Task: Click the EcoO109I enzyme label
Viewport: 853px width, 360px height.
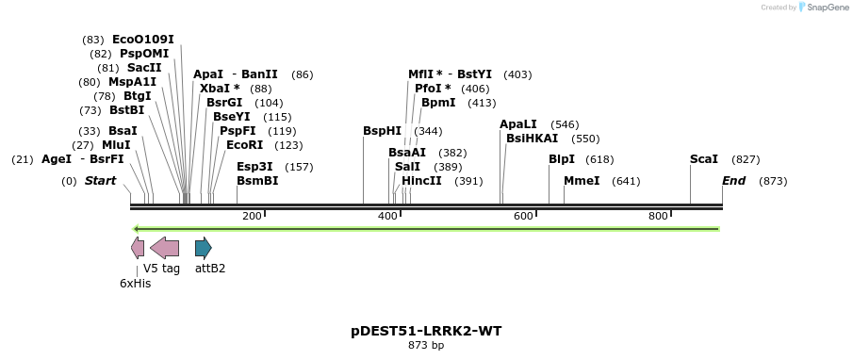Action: coord(142,40)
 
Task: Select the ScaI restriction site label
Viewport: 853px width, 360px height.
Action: coord(703,159)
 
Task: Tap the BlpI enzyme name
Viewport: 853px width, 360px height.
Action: coord(561,159)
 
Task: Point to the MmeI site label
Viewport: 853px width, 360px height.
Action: coord(581,181)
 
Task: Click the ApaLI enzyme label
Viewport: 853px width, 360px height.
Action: coord(518,124)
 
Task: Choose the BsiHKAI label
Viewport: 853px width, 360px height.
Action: coord(532,139)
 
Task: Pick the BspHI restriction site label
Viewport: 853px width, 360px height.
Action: coord(382,131)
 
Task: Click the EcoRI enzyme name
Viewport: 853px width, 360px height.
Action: coord(244,145)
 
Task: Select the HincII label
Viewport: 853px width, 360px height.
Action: coord(421,181)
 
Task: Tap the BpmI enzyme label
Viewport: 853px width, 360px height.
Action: coord(438,103)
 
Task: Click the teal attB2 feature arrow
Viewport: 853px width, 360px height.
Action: coord(203,248)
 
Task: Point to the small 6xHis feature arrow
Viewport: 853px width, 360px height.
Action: coord(138,248)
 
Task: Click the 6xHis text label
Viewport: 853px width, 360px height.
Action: coord(135,283)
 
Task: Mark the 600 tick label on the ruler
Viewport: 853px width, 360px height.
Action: coord(523,217)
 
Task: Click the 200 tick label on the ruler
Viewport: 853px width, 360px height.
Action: coord(252,217)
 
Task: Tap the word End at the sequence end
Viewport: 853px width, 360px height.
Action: coord(733,181)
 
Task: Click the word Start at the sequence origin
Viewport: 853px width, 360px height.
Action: coord(101,181)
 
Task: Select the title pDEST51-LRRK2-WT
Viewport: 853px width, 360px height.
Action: coord(426,331)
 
